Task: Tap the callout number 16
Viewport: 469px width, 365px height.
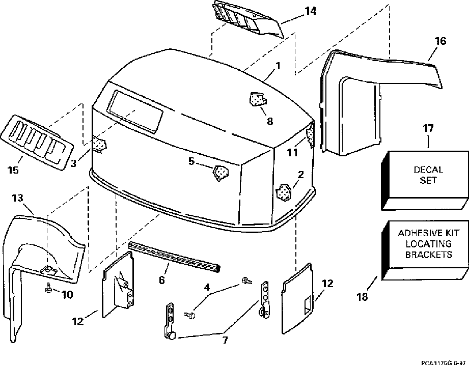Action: pyautogui.click(x=441, y=40)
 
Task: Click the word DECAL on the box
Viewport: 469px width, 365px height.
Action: pyautogui.click(x=429, y=170)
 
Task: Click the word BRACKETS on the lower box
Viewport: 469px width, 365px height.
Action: pyautogui.click(x=429, y=254)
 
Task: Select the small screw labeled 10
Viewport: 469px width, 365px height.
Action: pyautogui.click(x=47, y=288)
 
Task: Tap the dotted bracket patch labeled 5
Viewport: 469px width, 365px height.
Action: pyautogui.click(x=221, y=173)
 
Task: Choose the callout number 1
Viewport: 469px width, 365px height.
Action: pyautogui.click(x=278, y=66)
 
